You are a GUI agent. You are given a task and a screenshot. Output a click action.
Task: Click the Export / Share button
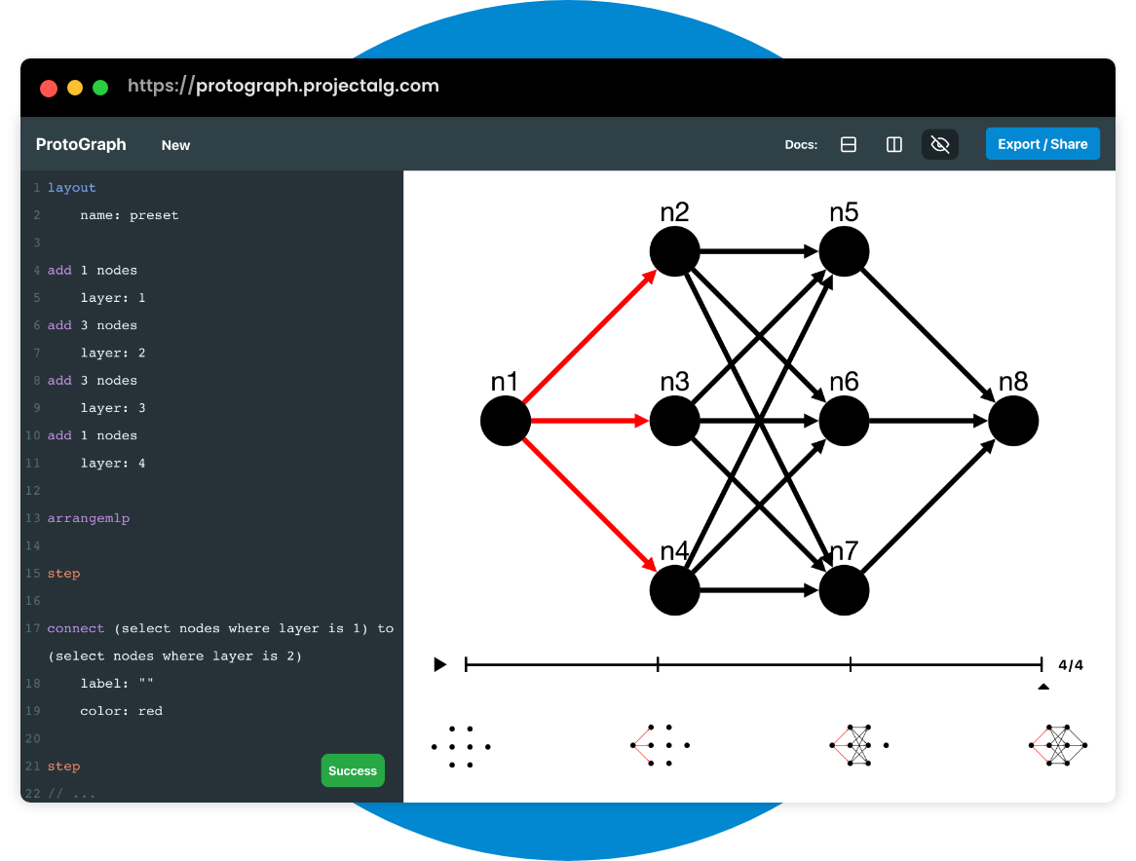click(1042, 144)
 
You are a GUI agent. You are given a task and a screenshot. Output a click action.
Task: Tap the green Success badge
click(353, 770)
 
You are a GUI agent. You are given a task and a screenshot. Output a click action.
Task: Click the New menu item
click(176, 145)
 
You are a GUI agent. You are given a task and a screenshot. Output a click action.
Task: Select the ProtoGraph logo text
click(81, 145)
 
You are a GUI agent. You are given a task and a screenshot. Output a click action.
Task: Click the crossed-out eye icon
click(939, 145)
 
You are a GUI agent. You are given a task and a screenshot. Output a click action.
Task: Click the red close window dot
click(49, 88)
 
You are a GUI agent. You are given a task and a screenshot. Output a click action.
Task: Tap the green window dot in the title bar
click(100, 88)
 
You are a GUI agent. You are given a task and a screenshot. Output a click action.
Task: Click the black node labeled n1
click(506, 421)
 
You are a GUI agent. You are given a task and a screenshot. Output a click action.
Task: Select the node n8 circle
click(1013, 421)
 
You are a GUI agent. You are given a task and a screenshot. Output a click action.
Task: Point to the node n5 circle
click(844, 251)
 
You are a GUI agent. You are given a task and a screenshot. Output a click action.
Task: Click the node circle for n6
click(844, 421)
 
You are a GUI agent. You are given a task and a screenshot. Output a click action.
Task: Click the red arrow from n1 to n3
click(589, 421)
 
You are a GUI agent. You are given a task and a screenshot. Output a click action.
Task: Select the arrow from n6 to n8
click(928, 421)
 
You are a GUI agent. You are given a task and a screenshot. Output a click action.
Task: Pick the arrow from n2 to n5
click(759, 251)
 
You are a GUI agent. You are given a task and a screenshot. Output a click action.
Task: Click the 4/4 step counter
click(1070, 665)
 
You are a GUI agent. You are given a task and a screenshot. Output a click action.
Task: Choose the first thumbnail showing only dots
click(461, 747)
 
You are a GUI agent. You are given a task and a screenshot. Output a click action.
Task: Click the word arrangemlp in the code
click(89, 518)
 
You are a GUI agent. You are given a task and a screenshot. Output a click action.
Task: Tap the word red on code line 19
click(150, 711)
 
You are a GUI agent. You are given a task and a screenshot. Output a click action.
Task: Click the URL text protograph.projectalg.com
click(318, 86)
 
